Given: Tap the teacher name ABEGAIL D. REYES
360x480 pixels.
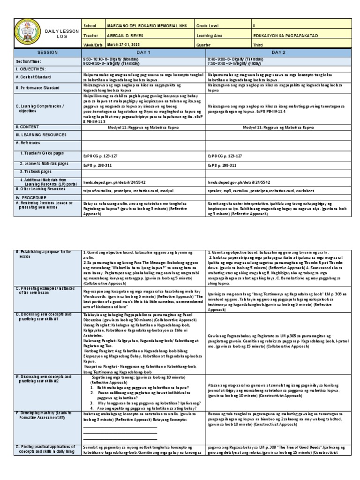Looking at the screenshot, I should (x=124, y=35).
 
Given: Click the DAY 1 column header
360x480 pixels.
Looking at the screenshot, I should (x=144, y=52).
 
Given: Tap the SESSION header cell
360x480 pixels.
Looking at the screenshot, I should (x=48, y=52).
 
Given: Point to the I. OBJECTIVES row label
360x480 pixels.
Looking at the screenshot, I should (x=32, y=68).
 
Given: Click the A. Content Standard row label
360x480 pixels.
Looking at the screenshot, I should (x=37, y=77).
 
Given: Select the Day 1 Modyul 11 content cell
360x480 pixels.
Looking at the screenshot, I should (x=144, y=127).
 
